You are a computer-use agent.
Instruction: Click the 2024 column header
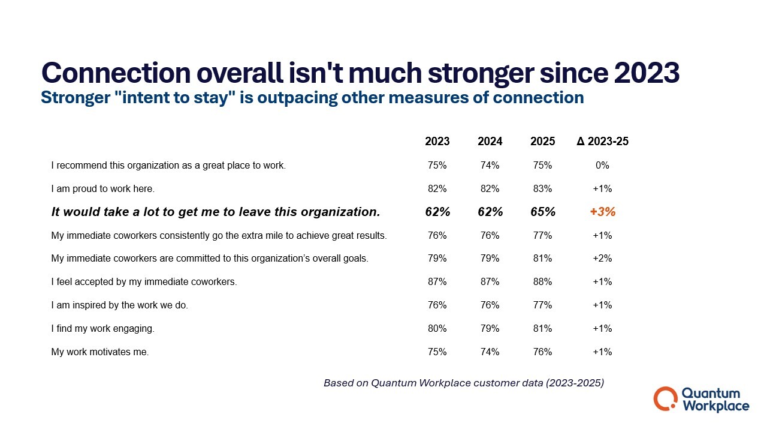pyautogui.click(x=490, y=142)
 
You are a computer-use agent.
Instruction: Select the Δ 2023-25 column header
pyautogui.click(x=602, y=142)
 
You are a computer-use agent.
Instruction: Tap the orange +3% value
pyautogui.click(x=602, y=212)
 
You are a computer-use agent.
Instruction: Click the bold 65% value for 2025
pyautogui.click(x=542, y=212)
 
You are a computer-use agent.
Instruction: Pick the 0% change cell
pyautogui.click(x=602, y=165)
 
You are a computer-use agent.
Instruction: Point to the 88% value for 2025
pyautogui.click(x=542, y=282)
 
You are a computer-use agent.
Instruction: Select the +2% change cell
pyautogui.click(x=602, y=259)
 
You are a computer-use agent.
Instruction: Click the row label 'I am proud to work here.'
pyautogui.click(x=103, y=188)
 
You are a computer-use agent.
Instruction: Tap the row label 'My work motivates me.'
pyautogui.click(x=100, y=352)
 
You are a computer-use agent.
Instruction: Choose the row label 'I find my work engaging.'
pyautogui.click(x=103, y=329)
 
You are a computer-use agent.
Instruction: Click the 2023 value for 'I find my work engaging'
pyautogui.click(x=437, y=329)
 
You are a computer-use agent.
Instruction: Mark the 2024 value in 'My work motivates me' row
pyautogui.click(x=490, y=352)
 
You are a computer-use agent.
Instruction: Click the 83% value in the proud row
pyautogui.click(x=542, y=188)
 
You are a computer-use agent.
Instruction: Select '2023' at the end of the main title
pyautogui.click(x=647, y=73)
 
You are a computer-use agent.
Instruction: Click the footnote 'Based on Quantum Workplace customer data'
pyautogui.click(x=463, y=383)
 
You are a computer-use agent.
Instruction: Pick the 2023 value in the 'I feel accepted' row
pyautogui.click(x=437, y=282)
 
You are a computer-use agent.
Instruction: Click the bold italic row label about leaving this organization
pyautogui.click(x=216, y=212)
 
